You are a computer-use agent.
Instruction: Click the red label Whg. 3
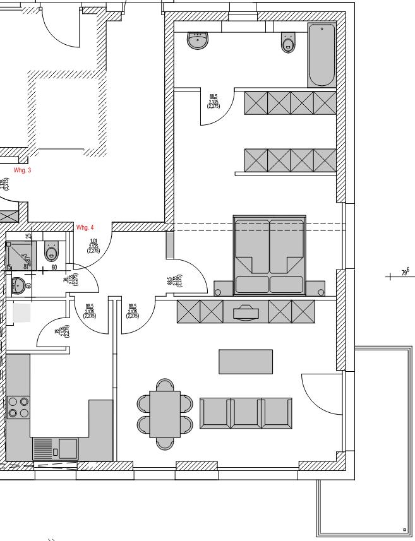[22, 170]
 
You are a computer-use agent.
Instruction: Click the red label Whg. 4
[85, 227]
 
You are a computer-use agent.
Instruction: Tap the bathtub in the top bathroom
[322, 56]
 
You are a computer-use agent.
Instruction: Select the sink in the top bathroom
[198, 41]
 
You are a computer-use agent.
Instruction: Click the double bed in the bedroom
[270, 256]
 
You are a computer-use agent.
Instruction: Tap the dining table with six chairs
[165, 413]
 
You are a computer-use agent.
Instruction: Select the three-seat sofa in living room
[246, 413]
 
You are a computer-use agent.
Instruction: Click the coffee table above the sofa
[246, 362]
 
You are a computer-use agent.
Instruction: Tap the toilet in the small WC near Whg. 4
[52, 253]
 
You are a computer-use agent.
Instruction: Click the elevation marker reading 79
[405, 273]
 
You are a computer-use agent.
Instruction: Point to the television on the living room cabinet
[246, 312]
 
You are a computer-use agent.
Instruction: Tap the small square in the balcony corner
[404, 530]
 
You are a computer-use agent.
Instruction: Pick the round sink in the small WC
[18, 286]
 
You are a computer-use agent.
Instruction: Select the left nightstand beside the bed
[218, 292]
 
